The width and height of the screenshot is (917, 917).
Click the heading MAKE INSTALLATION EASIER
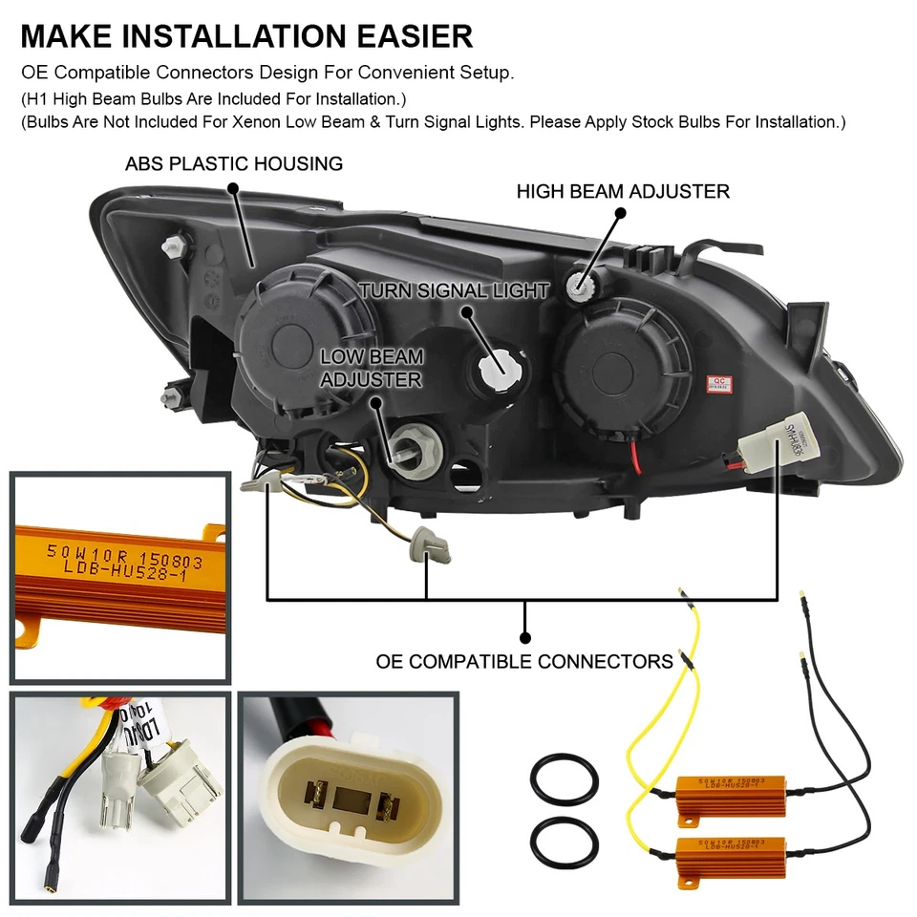[x=246, y=36]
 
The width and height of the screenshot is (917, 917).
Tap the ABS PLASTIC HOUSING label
[x=233, y=164]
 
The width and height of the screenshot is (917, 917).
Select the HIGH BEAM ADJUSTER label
[x=623, y=191]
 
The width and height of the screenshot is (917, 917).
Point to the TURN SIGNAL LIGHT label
[x=454, y=290]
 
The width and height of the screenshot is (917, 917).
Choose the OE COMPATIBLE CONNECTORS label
[x=524, y=661]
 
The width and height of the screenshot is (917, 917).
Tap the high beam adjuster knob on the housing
[x=582, y=284]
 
